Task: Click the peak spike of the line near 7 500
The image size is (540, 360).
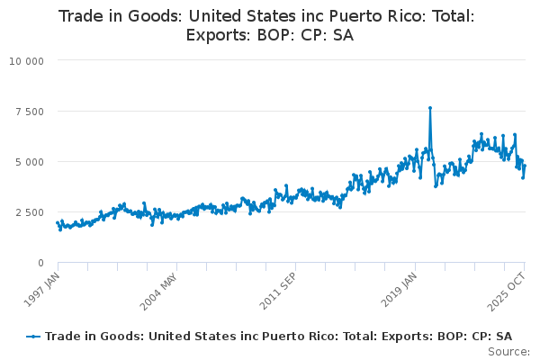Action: pyautogui.click(x=430, y=108)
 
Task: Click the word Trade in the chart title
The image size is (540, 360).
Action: pyautogui.click(x=82, y=15)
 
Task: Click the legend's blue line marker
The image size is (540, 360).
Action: pyautogui.click(x=34, y=336)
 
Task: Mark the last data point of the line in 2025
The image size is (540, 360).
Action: pyautogui.click(x=525, y=166)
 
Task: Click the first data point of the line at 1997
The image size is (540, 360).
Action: pyautogui.click(x=57, y=222)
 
